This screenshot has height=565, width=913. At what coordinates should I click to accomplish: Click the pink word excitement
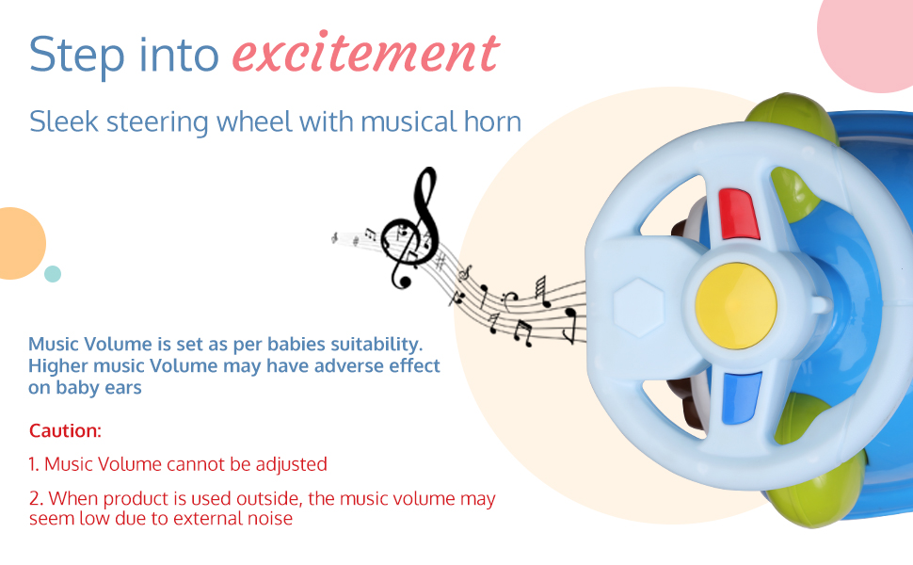click(x=365, y=53)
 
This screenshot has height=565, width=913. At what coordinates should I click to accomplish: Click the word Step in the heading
click(x=77, y=56)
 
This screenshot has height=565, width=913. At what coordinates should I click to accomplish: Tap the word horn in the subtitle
click(x=492, y=121)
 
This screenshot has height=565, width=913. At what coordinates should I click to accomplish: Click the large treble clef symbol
click(x=411, y=230)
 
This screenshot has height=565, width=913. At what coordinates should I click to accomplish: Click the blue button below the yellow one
click(x=742, y=398)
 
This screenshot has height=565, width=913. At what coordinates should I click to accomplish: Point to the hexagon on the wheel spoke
click(x=638, y=307)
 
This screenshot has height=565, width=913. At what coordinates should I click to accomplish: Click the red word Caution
click(x=65, y=431)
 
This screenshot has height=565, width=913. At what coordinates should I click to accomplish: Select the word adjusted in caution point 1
click(x=291, y=465)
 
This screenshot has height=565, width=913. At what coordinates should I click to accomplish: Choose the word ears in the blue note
click(x=123, y=388)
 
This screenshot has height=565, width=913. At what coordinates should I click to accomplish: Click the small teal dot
click(x=53, y=274)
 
